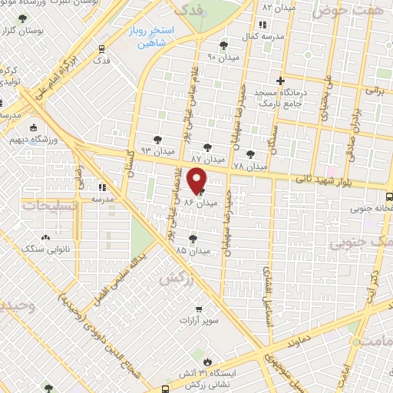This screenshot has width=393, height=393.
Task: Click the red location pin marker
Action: point(197,180)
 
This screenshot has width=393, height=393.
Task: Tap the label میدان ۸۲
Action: point(278,7)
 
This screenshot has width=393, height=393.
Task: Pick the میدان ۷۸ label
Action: point(249,165)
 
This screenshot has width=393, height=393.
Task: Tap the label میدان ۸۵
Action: point(192,250)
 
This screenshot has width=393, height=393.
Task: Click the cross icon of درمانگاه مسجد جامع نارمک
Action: point(281,81)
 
